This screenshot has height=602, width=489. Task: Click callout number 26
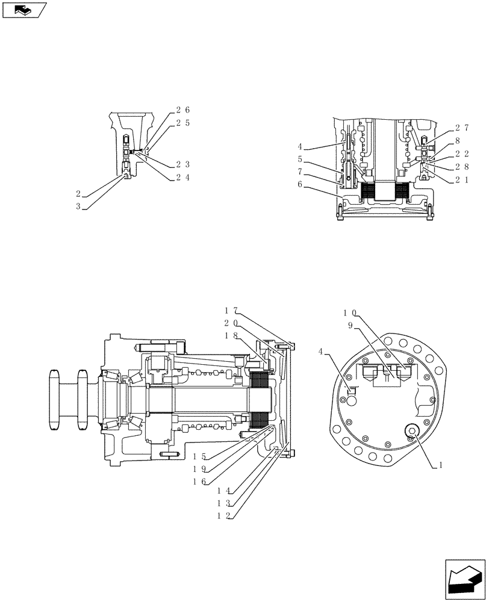tap(182, 110)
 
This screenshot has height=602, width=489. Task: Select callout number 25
tap(182, 123)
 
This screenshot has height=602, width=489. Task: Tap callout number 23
tap(182, 164)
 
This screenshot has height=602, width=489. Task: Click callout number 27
tap(462, 128)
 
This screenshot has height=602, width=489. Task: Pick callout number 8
tap(458, 141)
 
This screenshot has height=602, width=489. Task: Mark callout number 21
tap(462, 179)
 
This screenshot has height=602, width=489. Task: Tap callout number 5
tap(299, 160)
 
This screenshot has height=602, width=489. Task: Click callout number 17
tap(231, 311)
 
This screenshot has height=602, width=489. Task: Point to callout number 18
tap(231, 335)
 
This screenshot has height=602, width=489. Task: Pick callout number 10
tap(350, 313)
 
